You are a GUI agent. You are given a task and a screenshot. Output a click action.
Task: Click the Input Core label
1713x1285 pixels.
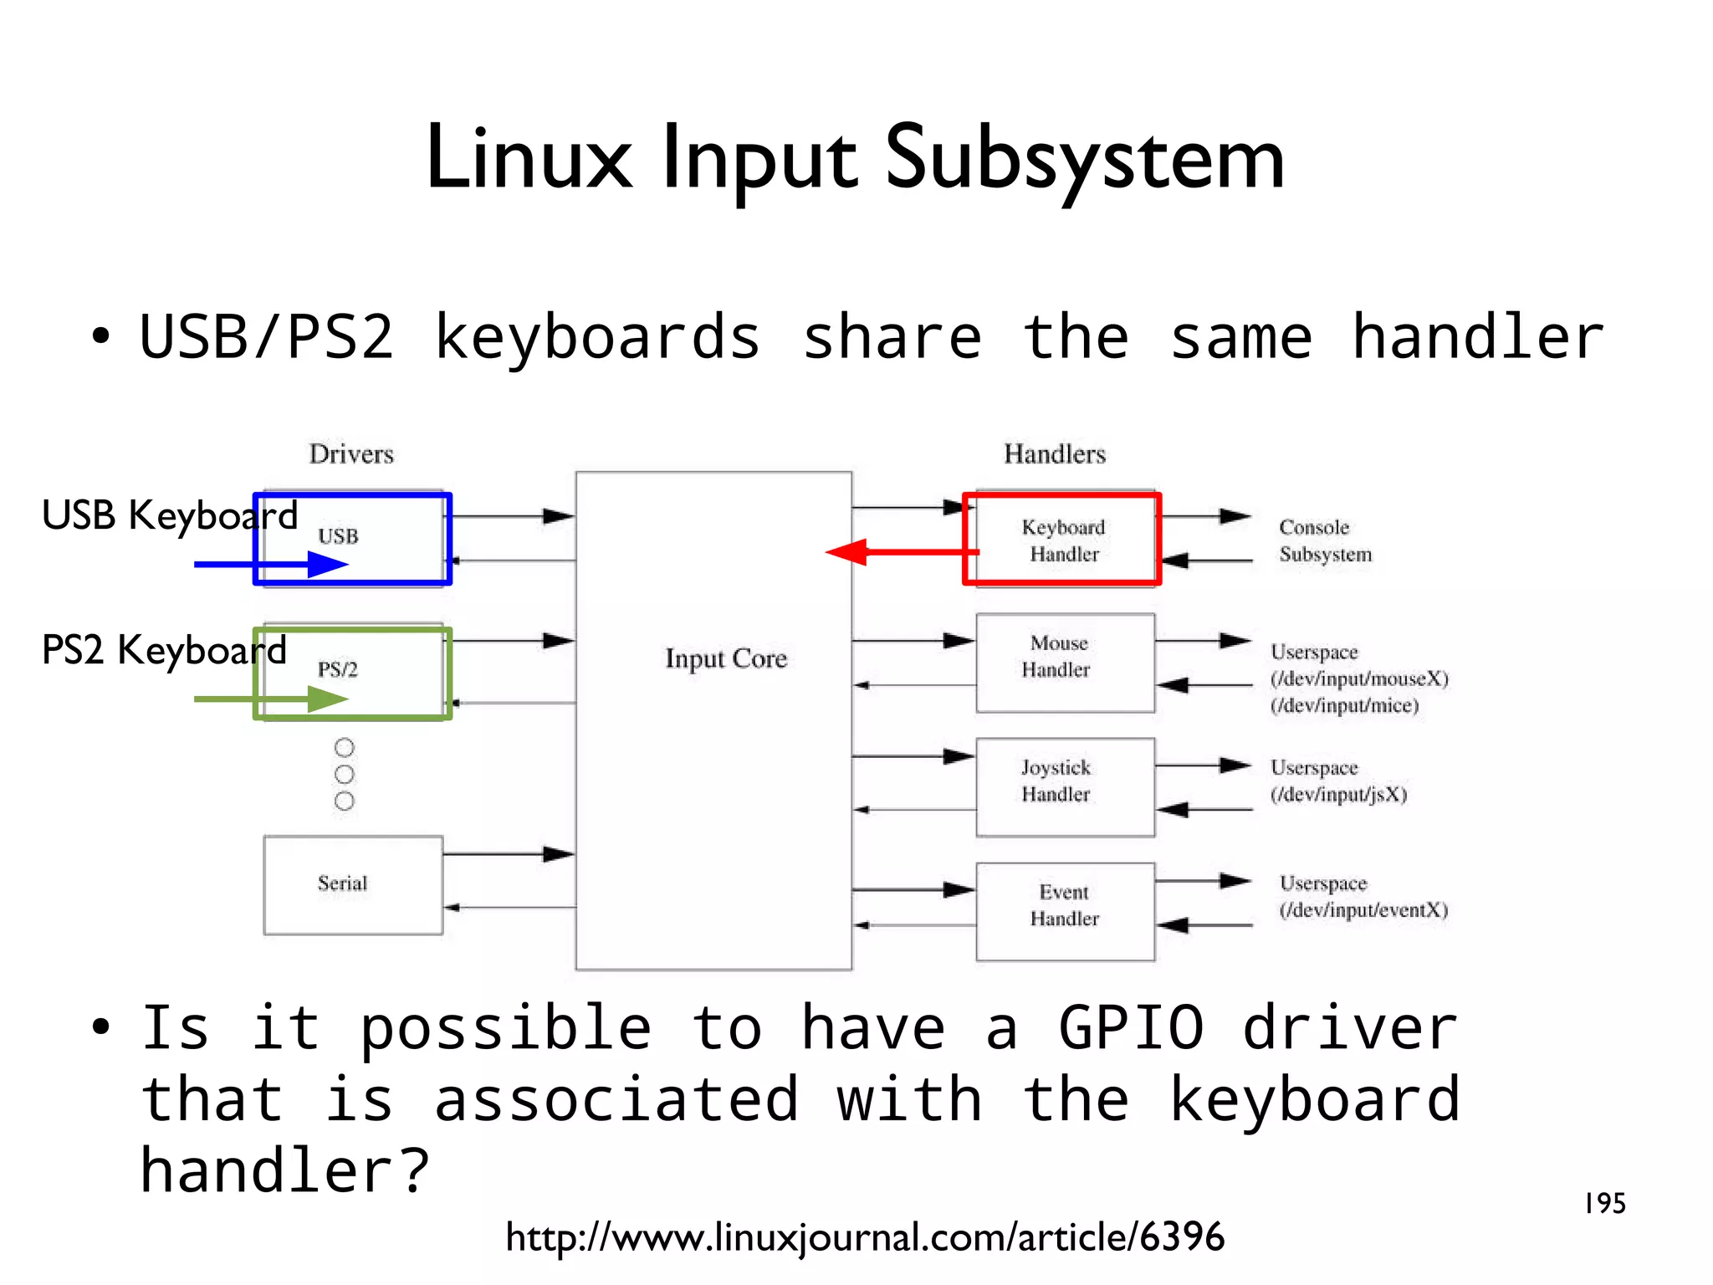tap(726, 658)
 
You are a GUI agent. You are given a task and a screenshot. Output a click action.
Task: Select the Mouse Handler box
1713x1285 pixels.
tap(1065, 663)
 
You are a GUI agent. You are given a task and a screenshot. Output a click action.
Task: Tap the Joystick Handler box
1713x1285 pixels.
tap(1065, 787)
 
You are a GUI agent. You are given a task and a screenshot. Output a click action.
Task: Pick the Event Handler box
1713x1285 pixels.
tap(1065, 912)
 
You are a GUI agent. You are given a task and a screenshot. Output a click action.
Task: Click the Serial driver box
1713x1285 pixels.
tap(353, 885)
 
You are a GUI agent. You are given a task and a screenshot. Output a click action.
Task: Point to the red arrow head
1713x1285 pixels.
tap(845, 552)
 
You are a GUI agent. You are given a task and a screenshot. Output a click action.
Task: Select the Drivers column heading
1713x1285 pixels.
tap(351, 454)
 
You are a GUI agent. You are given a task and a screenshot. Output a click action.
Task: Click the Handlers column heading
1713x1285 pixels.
tap(1055, 454)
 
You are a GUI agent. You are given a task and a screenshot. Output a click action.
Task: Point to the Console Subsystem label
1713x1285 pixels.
tap(1325, 540)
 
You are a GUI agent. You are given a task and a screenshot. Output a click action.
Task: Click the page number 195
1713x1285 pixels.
tap(1604, 1204)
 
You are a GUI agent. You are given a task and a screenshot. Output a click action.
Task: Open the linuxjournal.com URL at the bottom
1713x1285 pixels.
tap(865, 1237)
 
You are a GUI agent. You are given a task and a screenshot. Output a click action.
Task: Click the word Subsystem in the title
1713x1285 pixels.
tap(1084, 159)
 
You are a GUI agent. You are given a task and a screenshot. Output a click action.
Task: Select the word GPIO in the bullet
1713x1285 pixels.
tap(1131, 1028)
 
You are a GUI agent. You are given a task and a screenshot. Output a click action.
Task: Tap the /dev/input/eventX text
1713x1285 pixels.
tap(1363, 910)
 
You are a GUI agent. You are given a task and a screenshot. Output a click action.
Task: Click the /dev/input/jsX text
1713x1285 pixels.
tap(1338, 795)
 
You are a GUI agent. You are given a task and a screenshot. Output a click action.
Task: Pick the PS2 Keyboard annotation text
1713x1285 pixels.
tap(164, 650)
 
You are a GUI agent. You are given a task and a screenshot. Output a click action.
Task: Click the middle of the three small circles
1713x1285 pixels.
tap(344, 774)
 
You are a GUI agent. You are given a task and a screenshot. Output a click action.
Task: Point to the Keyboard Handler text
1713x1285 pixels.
tap(1064, 540)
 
